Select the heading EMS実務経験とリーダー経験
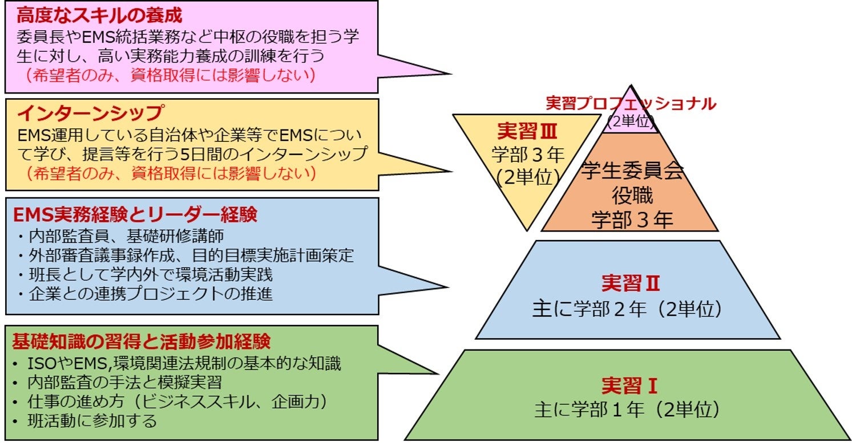tap(135, 214)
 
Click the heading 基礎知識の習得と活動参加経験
tap(141, 341)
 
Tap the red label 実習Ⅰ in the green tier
tap(629, 386)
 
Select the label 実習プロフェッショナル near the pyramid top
tap(631, 104)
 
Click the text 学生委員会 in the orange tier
tap(632, 171)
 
